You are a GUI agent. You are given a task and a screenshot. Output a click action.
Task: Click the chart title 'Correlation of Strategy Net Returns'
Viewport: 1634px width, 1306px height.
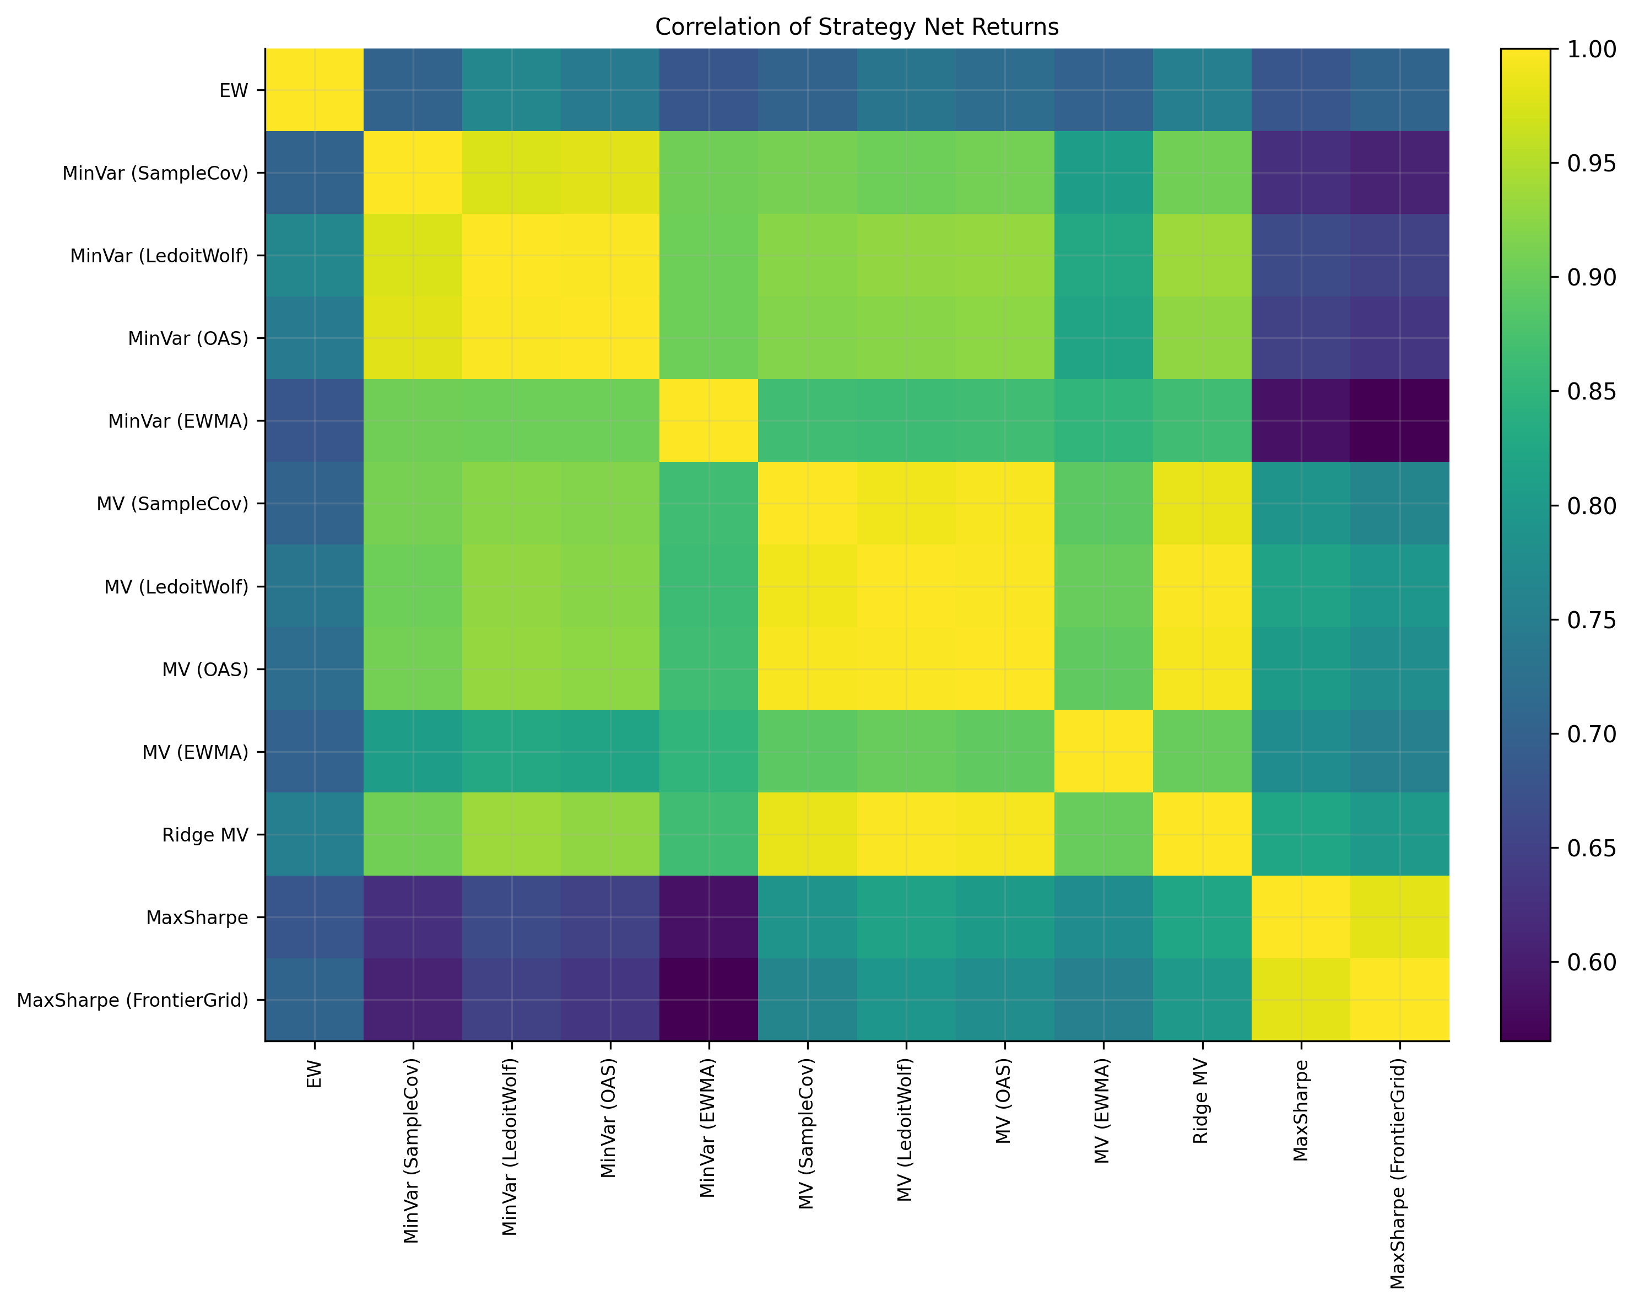857,28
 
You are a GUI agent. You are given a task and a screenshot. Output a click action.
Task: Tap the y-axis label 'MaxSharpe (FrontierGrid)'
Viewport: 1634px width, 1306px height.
133,1000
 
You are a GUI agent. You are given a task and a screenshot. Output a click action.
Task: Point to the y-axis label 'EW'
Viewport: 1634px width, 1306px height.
234,90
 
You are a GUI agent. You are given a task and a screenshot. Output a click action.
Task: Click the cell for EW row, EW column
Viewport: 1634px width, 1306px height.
315,90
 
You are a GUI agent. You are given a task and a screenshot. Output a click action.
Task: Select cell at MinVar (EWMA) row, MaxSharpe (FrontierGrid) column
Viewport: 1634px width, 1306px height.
1400,420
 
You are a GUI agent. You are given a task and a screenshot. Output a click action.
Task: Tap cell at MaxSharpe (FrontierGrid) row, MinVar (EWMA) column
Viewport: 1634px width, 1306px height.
708,1000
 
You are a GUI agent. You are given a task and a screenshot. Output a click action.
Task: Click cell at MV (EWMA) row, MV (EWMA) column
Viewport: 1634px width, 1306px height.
1103,752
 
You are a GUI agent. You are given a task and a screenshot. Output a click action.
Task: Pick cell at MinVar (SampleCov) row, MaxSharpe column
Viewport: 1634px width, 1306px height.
1301,173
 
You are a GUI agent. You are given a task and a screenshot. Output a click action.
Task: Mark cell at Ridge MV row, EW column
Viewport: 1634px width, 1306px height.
315,834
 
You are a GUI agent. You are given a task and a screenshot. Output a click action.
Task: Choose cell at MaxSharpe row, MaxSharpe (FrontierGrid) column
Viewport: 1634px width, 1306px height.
1400,917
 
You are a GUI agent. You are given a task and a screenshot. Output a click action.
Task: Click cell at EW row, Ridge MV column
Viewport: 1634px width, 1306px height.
1202,90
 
